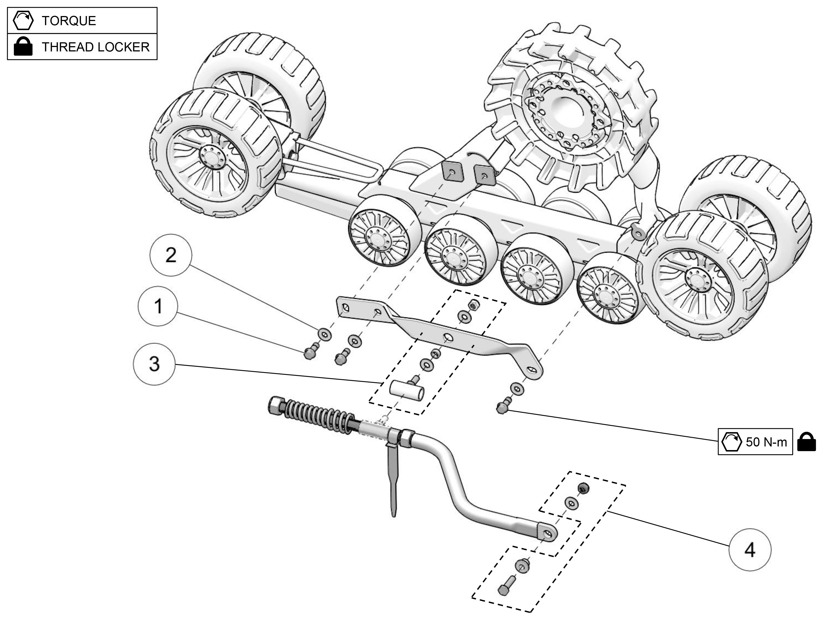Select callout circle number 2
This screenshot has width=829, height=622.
click(170, 255)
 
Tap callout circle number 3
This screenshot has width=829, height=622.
click(154, 364)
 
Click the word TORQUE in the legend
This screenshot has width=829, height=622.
click(69, 21)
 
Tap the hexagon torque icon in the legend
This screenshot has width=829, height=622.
click(23, 20)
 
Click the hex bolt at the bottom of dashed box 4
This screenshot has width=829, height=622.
click(504, 588)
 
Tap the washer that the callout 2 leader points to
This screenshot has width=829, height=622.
click(324, 333)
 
